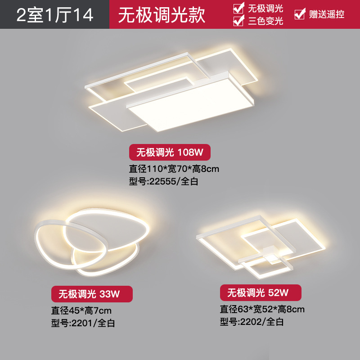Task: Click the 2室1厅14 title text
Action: pos(55,14)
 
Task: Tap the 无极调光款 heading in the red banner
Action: pos(162,14)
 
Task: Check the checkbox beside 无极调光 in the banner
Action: pos(238,8)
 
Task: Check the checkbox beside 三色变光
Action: pos(238,20)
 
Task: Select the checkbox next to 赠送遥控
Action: pos(299,14)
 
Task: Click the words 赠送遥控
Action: pos(327,14)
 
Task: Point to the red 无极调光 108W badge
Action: pos(170,153)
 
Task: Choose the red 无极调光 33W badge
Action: pos(91,294)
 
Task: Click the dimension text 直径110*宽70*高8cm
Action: pos(174,169)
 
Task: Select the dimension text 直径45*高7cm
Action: pos(81,310)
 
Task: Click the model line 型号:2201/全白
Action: pos(83,323)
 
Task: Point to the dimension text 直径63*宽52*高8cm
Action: pos(262,309)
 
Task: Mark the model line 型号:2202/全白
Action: pos(252,322)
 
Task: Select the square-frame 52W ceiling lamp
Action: pos(261,245)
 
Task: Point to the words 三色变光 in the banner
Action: pos(265,20)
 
